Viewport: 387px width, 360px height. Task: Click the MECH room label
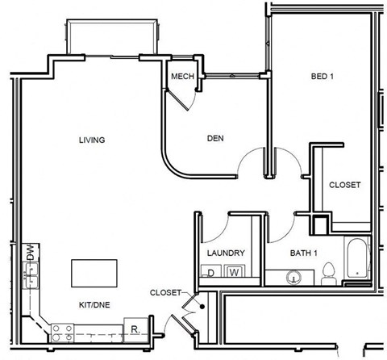pyautogui.click(x=181, y=77)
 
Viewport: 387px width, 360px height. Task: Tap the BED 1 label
pyautogui.click(x=322, y=77)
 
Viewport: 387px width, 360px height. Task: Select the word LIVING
pyautogui.click(x=91, y=140)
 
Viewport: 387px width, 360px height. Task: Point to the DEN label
pyautogui.click(x=214, y=139)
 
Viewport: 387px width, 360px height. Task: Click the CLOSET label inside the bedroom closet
pyautogui.click(x=344, y=185)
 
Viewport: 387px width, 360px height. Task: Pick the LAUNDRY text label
pyautogui.click(x=226, y=253)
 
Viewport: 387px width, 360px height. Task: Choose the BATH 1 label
pyautogui.click(x=304, y=253)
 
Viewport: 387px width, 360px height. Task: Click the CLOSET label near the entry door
pyautogui.click(x=166, y=292)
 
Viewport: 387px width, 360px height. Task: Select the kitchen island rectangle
pyautogui.click(x=94, y=272)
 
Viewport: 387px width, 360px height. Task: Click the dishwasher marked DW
pyautogui.click(x=31, y=251)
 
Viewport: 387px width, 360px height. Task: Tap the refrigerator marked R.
pyautogui.click(x=135, y=329)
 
